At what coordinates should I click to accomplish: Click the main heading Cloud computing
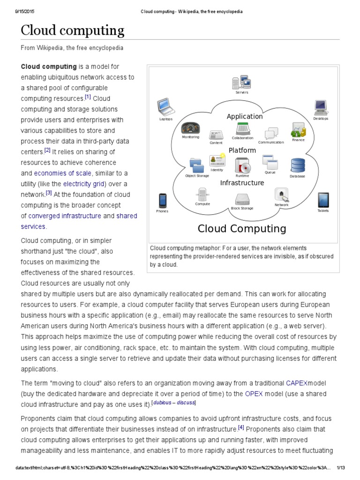pos(73,31)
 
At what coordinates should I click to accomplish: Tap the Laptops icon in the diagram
pos(165,107)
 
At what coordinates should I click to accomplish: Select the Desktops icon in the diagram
pos(321,108)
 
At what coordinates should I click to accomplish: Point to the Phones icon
pos(162,201)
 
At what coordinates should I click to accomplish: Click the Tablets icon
pos(323,200)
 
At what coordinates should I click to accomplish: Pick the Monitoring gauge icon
pos(190,128)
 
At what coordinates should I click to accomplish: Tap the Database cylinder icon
pos(297,165)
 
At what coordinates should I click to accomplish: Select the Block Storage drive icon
pos(242,199)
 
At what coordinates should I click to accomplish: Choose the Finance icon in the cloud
pos(298,129)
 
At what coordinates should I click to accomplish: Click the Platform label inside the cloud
pos(242,150)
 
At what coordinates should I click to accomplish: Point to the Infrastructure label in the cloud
pos(242,183)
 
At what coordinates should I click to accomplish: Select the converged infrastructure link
pos(65,216)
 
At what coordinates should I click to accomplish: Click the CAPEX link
pos(296,383)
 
